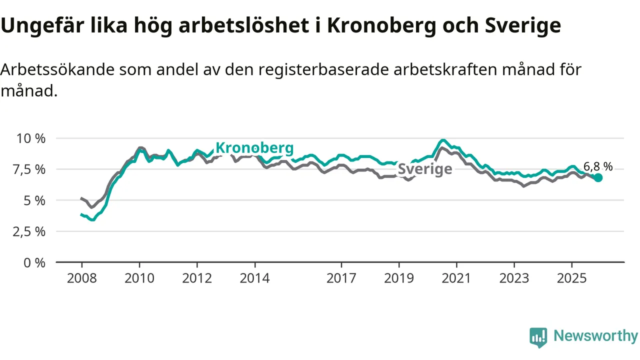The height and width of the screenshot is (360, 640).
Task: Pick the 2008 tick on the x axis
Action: (x=81, y=278)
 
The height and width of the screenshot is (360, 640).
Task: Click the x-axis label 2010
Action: (x=139, y=278)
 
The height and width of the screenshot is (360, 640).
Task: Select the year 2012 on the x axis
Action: (x=197, y=278)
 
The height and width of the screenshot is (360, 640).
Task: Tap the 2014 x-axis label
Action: (x=255, y=278)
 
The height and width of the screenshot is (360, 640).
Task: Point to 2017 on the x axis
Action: (x=341, y=278)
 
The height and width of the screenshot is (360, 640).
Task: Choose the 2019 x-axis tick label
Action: (x=399, y=278)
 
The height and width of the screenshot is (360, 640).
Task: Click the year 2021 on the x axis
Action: (x=457, y=278)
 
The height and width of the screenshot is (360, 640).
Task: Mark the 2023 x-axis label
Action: (x=514, y=278)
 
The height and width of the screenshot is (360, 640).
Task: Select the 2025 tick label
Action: (x=572, y=278)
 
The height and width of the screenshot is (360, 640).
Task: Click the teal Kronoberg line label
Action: (x=254, y=148)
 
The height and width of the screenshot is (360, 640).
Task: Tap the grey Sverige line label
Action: (x=424, y=169)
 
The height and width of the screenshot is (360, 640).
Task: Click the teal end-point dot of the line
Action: (x=598, y=177)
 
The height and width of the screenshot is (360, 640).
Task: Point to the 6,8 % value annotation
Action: (x=598, y=166)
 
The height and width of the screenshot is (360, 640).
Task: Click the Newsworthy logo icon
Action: (x=538, y=337)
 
